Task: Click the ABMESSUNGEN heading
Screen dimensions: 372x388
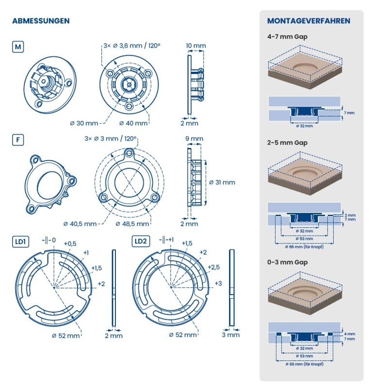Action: tap(41, 21)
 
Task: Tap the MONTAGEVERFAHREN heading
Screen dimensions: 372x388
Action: tap(308, 21)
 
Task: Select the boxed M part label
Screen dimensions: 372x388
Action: tap(18, 47)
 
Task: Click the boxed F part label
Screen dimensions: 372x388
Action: tap(18, 140)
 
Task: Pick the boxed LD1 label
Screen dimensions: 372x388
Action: tap(20, 242)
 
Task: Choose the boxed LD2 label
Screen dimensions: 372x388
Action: tap(141, 241)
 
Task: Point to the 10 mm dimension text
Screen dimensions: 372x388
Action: tap(196, 46)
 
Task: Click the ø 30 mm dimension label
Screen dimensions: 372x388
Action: tap(84, 123)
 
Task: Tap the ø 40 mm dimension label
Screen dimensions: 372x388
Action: tap(133, 123)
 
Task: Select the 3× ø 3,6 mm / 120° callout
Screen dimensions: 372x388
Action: tap(132, 46)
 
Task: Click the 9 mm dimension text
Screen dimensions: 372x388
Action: tap(194, 139)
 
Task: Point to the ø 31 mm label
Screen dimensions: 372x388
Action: tap(222, 182)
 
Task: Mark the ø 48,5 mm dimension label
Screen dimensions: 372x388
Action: tap(132, 224)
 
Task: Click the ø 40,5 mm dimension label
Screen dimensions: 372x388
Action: tap(80, 224)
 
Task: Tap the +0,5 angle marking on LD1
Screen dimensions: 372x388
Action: tap(70, 244)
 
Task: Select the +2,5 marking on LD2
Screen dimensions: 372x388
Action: tap(213, 267)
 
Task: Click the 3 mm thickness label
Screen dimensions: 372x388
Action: tap(231, 335)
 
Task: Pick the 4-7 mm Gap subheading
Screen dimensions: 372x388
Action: tap(287, 37)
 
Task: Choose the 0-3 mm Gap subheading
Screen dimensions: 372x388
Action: tap(287, 262)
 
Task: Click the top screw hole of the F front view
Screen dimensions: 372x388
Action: tap(129, 154)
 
